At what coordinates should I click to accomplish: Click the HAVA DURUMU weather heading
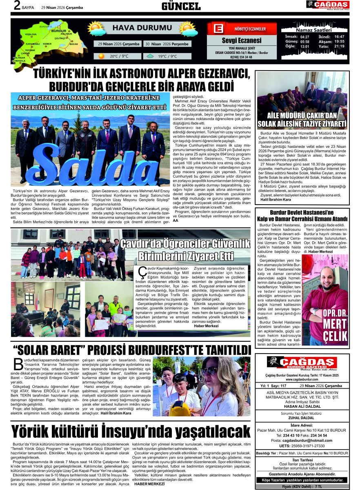pos(136,28)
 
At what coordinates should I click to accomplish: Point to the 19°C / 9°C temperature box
pos(167,56)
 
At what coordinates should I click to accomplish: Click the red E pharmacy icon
pos(218,29)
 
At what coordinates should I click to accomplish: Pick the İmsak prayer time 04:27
pos(304,37)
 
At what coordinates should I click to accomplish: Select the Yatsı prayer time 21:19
pos(339,46)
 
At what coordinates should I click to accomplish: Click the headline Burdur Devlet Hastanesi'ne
pos(302,212)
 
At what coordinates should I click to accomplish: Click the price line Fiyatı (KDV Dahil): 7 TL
pos(302,486)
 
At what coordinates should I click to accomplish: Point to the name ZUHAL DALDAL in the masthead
pos(302,418)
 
